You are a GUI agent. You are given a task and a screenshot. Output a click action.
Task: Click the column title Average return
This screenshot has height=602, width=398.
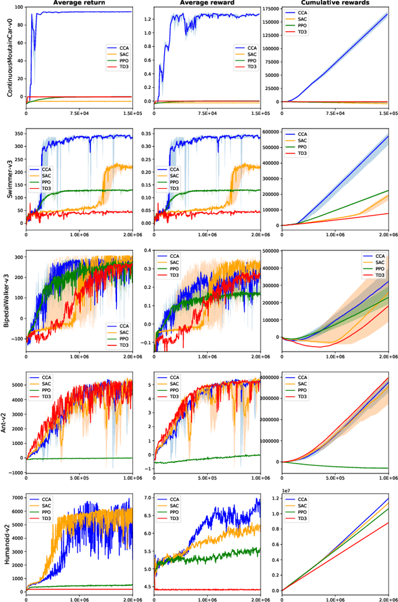coord(79,3)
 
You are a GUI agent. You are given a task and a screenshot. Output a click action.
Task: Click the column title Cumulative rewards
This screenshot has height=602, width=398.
coord(335,3)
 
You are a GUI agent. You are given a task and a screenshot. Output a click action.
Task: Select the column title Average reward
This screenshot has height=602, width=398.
coord(207,3)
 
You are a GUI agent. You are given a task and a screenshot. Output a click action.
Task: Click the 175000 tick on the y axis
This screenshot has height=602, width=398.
coord(270,8)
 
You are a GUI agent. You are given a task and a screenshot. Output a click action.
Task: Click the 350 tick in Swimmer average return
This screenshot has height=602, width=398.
coord(16,133)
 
